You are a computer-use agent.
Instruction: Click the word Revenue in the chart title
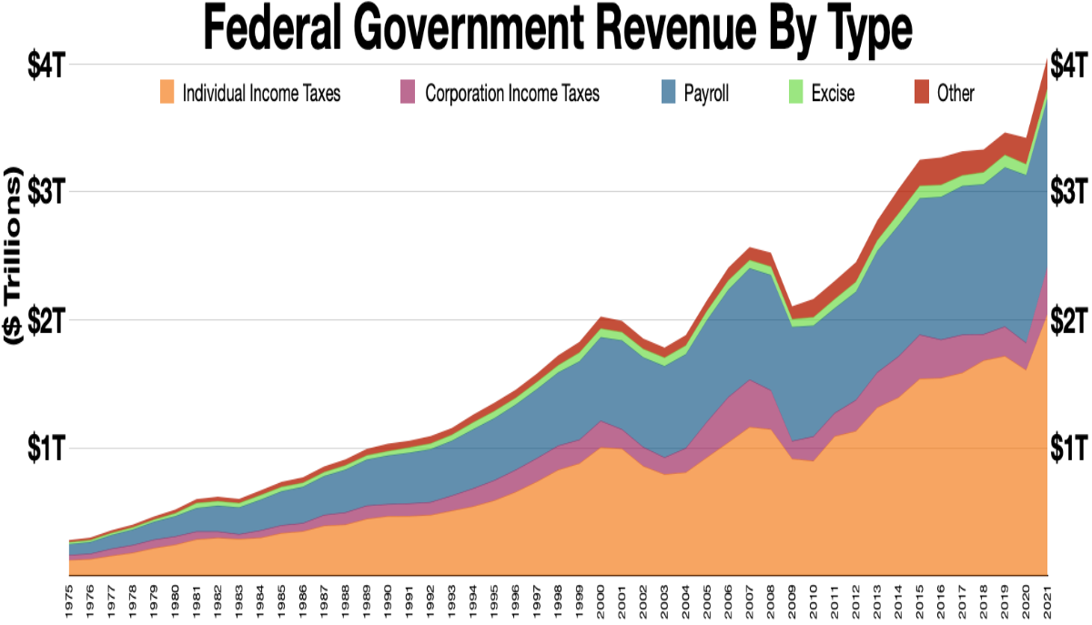[x=628, y=30]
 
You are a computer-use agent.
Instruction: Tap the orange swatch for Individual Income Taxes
[x=167, y=92]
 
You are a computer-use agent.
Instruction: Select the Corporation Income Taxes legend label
[x=512, y=93]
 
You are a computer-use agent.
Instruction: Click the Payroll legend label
[x=708, y=93]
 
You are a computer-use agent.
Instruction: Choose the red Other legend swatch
[x=922, y=92]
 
